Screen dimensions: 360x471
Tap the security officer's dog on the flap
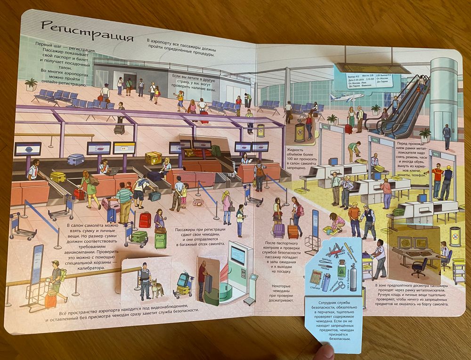point(157,288)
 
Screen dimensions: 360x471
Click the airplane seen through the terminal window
point(347,97)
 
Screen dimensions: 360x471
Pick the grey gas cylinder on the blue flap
point(352,277)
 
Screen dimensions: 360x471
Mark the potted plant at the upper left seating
point(31,85)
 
